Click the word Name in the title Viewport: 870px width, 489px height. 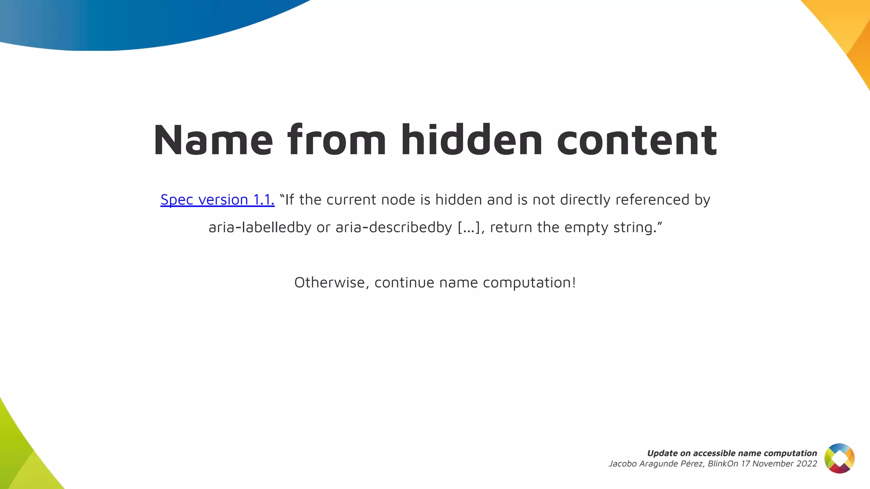click(213, 140)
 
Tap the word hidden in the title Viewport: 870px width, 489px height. click(472, 140)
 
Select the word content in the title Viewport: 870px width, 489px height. click(637, 140)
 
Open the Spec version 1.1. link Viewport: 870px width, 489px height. click(217, 200)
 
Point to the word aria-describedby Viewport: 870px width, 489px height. click(394, 228)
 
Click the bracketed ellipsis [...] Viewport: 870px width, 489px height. click(469, 228)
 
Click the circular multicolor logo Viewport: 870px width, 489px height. click(839, 458)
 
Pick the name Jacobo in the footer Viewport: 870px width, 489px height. click(623, 464)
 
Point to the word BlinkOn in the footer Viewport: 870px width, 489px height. click(723, 464)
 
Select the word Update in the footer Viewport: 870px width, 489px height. click(662, 453)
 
